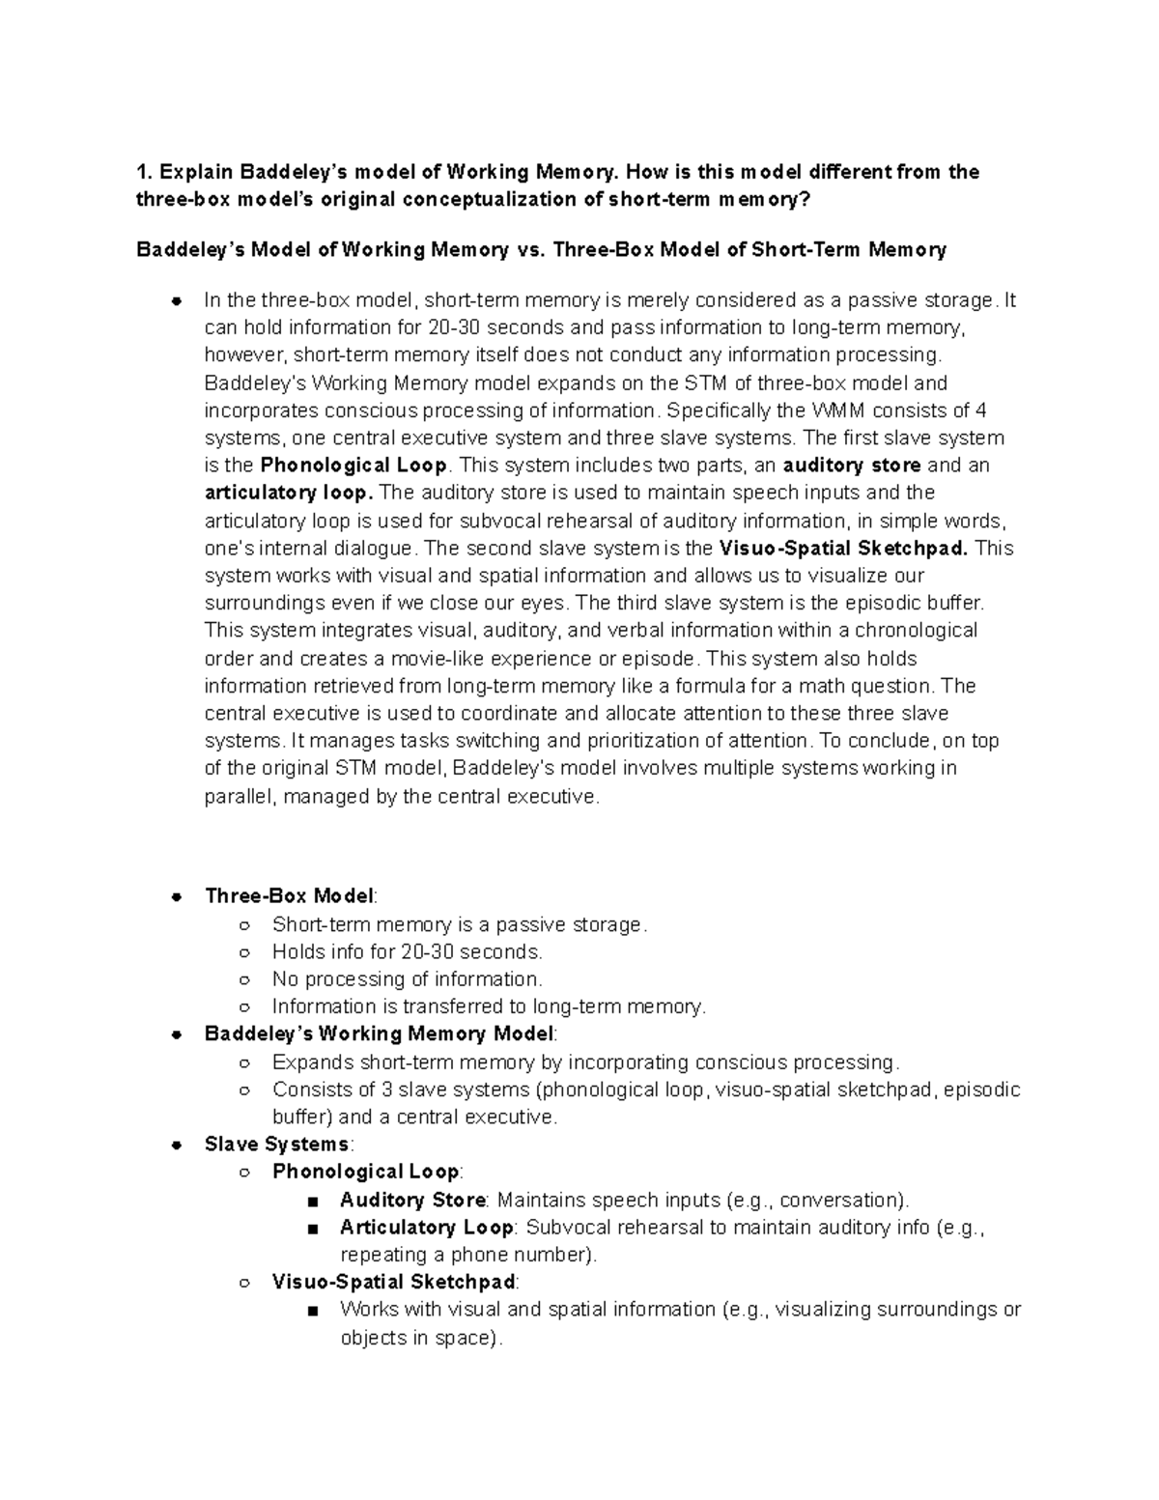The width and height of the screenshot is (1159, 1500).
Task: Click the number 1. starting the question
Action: pyautogui.click(x=145, y=173)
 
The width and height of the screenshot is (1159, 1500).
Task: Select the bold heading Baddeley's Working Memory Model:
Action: pyautogui.click(x=381, y=1033)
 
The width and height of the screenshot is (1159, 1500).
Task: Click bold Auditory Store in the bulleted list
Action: pyautogui.click(x=412, y=1201)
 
